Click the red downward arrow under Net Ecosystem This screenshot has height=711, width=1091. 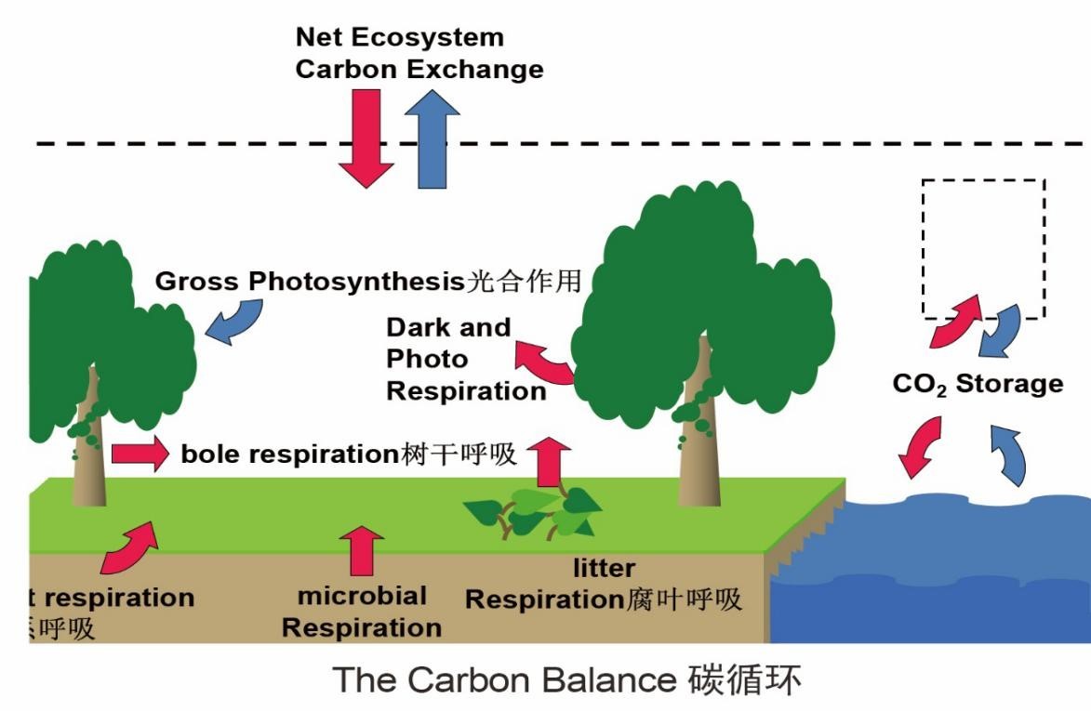(x=366, y=138)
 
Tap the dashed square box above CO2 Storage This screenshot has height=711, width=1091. (x=982, y=246)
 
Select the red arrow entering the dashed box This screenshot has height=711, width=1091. (x=953, y=321)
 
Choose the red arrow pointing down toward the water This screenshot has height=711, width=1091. (x=920, y=446)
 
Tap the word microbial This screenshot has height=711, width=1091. (x=362, y=596)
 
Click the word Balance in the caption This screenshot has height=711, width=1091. (x=607, y=679)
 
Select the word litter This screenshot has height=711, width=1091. (x=605, y=568)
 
